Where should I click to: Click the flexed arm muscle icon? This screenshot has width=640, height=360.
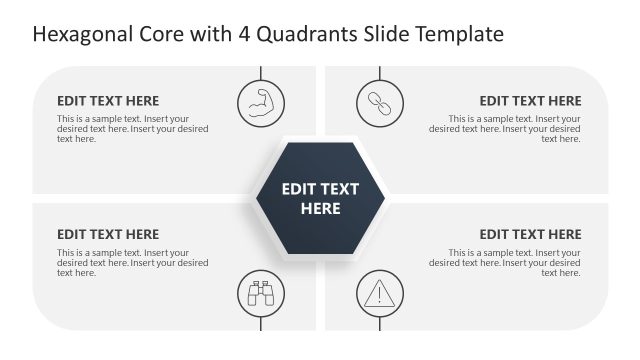(x=261, y=102)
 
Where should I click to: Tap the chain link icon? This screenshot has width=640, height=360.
(x=380, y=102)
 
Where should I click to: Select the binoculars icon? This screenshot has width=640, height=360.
(x=261, y=294)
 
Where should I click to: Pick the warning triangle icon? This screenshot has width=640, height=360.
(x=380, y=294)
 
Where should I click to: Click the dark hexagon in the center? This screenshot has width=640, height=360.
(x=320, y=198)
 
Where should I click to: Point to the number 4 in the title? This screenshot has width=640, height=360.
(x=243, y=35)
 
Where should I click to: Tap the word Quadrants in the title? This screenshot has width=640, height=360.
(x=304, y=35)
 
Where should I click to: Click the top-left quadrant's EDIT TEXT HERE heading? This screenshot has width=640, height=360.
(x=108, y=101)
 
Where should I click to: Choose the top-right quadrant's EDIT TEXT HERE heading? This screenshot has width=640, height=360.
(x=530, y=101)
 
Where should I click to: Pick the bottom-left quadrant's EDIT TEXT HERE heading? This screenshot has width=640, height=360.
(x=108, y=235)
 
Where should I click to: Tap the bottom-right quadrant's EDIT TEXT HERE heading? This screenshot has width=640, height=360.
(x=530, y=235)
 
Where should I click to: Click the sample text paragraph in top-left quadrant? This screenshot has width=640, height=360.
(x=132, y=129)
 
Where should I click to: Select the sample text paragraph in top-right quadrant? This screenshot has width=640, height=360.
(x=505, y=129)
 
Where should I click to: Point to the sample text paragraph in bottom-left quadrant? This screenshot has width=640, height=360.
(x=132, y=263)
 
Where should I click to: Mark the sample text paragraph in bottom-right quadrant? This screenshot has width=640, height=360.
(x=505, y=263)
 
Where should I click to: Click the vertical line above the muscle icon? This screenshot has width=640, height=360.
(x=261, y=72)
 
